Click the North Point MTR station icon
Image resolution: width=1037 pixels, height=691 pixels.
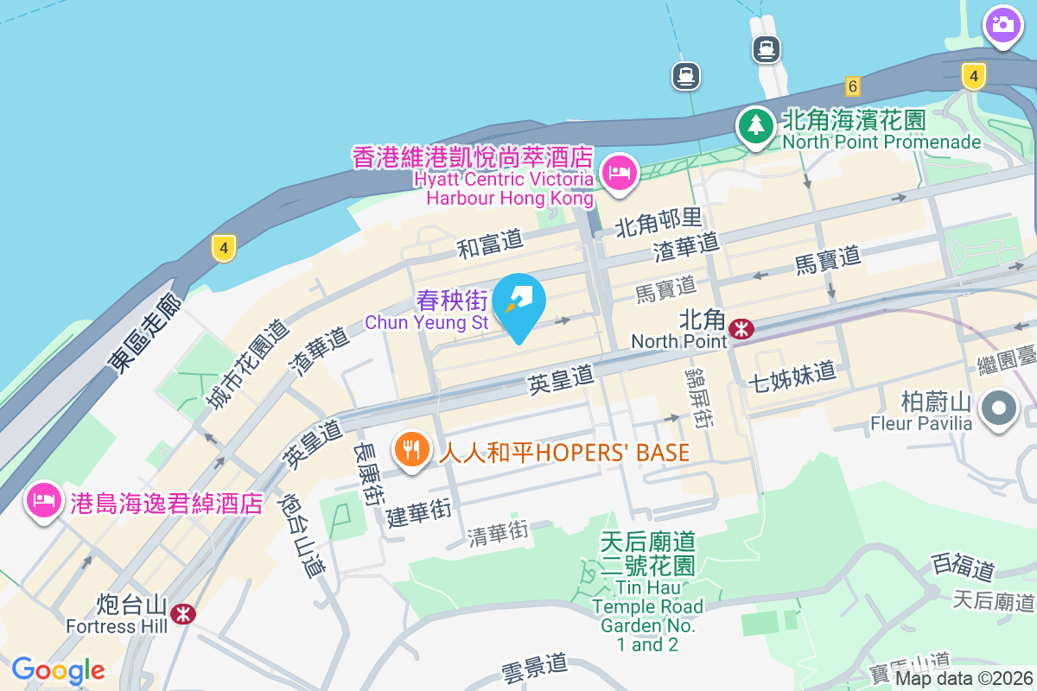(x=741, y=329)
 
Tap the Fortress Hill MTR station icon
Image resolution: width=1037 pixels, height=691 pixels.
(x=182, y=614)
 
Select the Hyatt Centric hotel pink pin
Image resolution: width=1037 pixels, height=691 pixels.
(x=619, y=172)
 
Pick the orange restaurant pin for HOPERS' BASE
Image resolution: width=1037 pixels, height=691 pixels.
(x=412, y=450)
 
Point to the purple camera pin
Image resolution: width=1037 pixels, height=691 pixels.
(x=1002, y=24)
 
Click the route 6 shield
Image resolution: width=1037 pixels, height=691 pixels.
(x=853, y=86)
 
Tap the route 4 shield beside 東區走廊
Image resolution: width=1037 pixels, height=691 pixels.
(x=223, y=250)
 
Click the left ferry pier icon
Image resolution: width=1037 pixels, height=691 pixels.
(x=686, y=76)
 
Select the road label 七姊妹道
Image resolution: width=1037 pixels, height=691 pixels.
(x=792, y=374)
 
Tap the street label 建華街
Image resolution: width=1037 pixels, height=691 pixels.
(x=419, y=513)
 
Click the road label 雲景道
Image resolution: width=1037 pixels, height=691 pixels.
(x=534, y=665)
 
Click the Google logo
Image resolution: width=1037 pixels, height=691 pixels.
(x=58, y=670)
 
